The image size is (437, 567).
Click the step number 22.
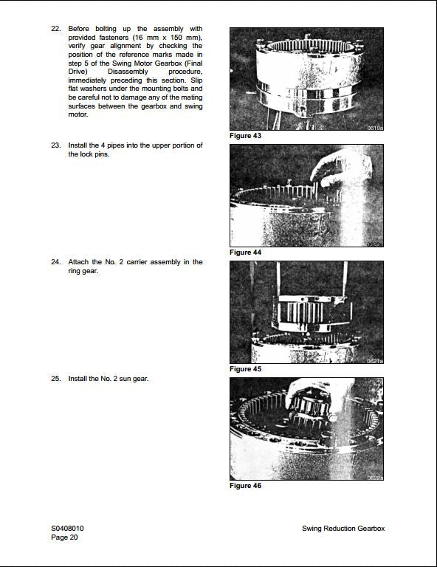[x=55, y=29]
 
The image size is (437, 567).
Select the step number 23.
[x=55, y=145]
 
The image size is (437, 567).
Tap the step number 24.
[x=55, y=262]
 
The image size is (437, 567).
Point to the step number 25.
[x=55, y=379]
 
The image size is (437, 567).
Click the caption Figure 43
[x=245, y=136]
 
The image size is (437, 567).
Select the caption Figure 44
[x=245, y=252]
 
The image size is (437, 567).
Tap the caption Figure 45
[x=245, y=369]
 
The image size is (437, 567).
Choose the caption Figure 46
[x=245, y=486]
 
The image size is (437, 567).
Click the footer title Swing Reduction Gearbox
[x=343, y=529]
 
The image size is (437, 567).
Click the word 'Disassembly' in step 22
[x=128, y=72]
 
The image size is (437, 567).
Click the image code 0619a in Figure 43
[x=374, y=128]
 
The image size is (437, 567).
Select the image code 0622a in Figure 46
[x=374, y=478]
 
